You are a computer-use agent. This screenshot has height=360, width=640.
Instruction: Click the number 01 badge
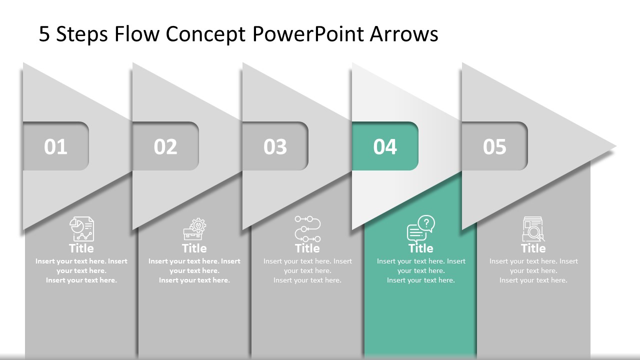(x=55, y=146)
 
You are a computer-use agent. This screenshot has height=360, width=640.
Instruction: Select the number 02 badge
(x=165, y=146)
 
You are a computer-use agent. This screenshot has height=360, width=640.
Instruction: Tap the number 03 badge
(x=275, y=146)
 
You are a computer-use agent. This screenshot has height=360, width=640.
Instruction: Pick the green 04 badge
(x=385, y=146)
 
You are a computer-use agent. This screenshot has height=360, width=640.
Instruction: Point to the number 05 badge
(x=494, y=146)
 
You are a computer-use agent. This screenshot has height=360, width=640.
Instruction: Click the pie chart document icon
(x=81, y=229)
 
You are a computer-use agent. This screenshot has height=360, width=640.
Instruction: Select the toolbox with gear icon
(x=194, y=229)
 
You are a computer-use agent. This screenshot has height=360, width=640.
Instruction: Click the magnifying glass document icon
(x=533, y=229)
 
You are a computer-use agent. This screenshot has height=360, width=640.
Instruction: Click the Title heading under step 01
(x=81, y=248)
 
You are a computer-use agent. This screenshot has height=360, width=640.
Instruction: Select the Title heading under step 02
(x=194, y=248)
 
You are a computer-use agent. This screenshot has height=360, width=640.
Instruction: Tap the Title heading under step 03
(x=307, y=248)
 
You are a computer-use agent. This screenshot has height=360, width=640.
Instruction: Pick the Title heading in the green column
(x=420, y=248)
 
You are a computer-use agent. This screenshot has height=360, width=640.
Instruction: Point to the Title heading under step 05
(x=533, y=248)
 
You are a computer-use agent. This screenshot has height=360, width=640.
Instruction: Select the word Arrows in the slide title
(x=404, y=34)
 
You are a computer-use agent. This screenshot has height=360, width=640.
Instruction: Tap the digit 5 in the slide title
(x=44, y=34)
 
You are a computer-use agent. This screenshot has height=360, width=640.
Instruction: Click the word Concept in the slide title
(x=205, y=34)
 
